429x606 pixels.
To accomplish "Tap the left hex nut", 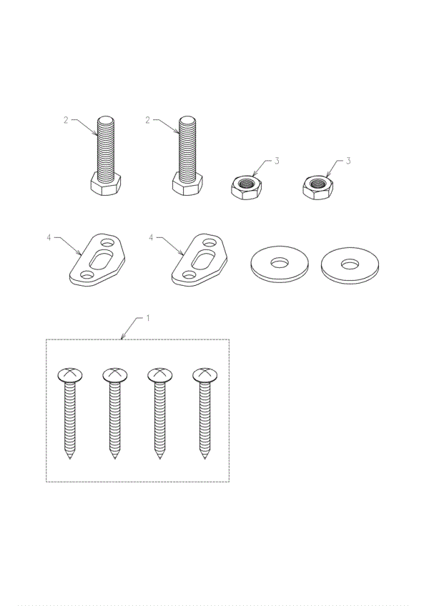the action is tap(246, 187).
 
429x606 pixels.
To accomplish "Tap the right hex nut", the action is tap(317, 187).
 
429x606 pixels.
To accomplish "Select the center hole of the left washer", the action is tap(280, 263).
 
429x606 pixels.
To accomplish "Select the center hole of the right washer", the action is tap(350, 264).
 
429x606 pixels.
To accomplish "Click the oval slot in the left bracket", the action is tap(100, 259).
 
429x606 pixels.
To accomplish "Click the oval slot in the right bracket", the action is tap(202, 259).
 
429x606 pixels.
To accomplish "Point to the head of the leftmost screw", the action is tap(70, 374).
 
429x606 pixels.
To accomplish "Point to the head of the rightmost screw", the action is tap(204, 374).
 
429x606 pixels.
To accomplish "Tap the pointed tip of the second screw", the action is tap(115, 458).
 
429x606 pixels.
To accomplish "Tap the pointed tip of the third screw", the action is tap(159, 458).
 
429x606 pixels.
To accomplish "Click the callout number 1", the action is tap(148, 318).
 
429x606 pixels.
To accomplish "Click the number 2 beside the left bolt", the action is tap(66, 120).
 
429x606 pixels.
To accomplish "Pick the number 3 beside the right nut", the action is tap(348, 161).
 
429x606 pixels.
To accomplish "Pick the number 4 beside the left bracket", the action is tap(49, 237).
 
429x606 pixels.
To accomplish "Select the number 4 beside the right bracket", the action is tap(151, 237).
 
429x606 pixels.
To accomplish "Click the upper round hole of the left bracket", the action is tap(107, 243).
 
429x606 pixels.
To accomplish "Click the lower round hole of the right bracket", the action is tap(189, 275).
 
